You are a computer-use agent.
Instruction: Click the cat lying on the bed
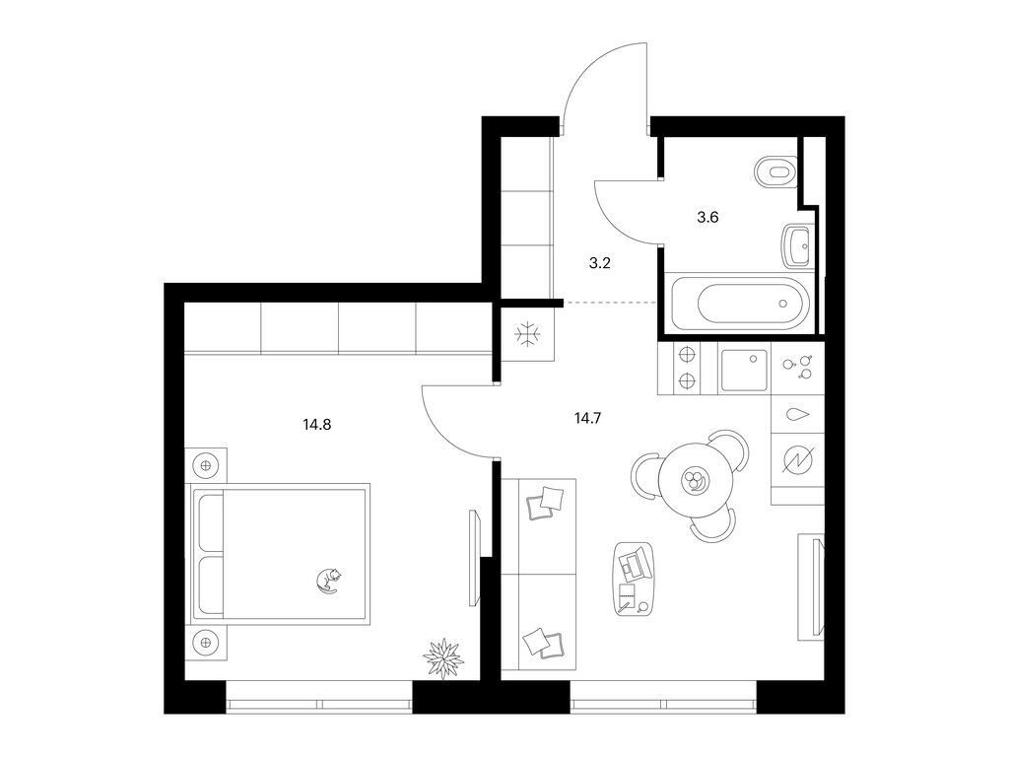[329, 580]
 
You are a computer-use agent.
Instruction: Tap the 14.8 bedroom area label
[316, 425]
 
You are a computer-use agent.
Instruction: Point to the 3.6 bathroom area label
[707, 218]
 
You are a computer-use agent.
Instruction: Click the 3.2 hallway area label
[600, 263]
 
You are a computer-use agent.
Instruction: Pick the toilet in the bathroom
[775, 172]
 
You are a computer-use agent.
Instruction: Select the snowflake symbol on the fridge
[528, 335]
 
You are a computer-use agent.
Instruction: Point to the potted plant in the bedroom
[443, 657]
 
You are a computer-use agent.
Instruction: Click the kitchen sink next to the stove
[744, 371]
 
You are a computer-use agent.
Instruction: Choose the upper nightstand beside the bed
[206, 465]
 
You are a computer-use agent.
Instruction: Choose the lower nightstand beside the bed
[206, 641]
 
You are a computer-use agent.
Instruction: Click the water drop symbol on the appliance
[798, 415]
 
